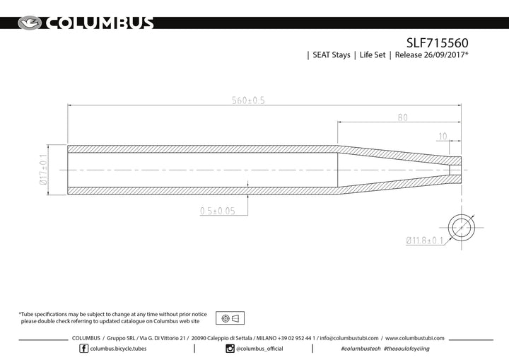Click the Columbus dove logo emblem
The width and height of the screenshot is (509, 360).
(x=30, y=23)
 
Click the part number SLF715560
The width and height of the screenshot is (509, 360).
(x=438, y=43)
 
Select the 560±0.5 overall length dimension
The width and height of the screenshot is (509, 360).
(x=248, y=100)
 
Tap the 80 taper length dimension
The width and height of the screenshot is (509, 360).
(x=402, y=117)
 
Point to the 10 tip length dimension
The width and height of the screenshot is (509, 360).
(x=443, y=137)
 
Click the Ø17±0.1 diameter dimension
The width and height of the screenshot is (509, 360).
(x=44, y=169)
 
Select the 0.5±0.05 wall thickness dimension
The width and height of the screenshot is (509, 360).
(x=218, y=211)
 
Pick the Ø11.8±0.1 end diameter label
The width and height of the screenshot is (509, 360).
(x=425, y=240)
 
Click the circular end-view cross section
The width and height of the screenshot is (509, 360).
(x=461, y=228)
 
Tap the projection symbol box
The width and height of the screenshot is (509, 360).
(x=230, y=318)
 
